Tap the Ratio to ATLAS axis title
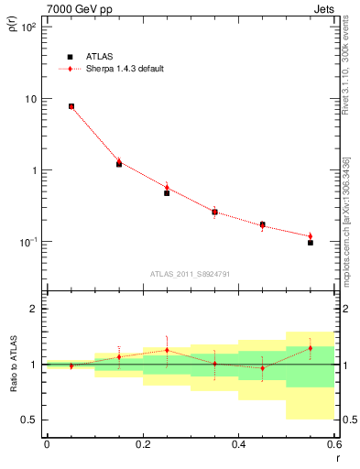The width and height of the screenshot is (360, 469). point(13,364)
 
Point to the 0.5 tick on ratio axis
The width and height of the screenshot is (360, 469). point(29,420)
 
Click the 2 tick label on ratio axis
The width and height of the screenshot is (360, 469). point(34,309)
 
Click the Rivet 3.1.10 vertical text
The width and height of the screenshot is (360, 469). point(346,82)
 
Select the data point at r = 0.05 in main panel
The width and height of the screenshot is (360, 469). point(71,106)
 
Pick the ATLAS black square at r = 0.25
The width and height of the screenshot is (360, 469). point(167,193)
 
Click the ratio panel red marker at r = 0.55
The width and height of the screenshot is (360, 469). point(311,348)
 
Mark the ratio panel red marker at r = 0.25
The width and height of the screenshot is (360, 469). point(167,350)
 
